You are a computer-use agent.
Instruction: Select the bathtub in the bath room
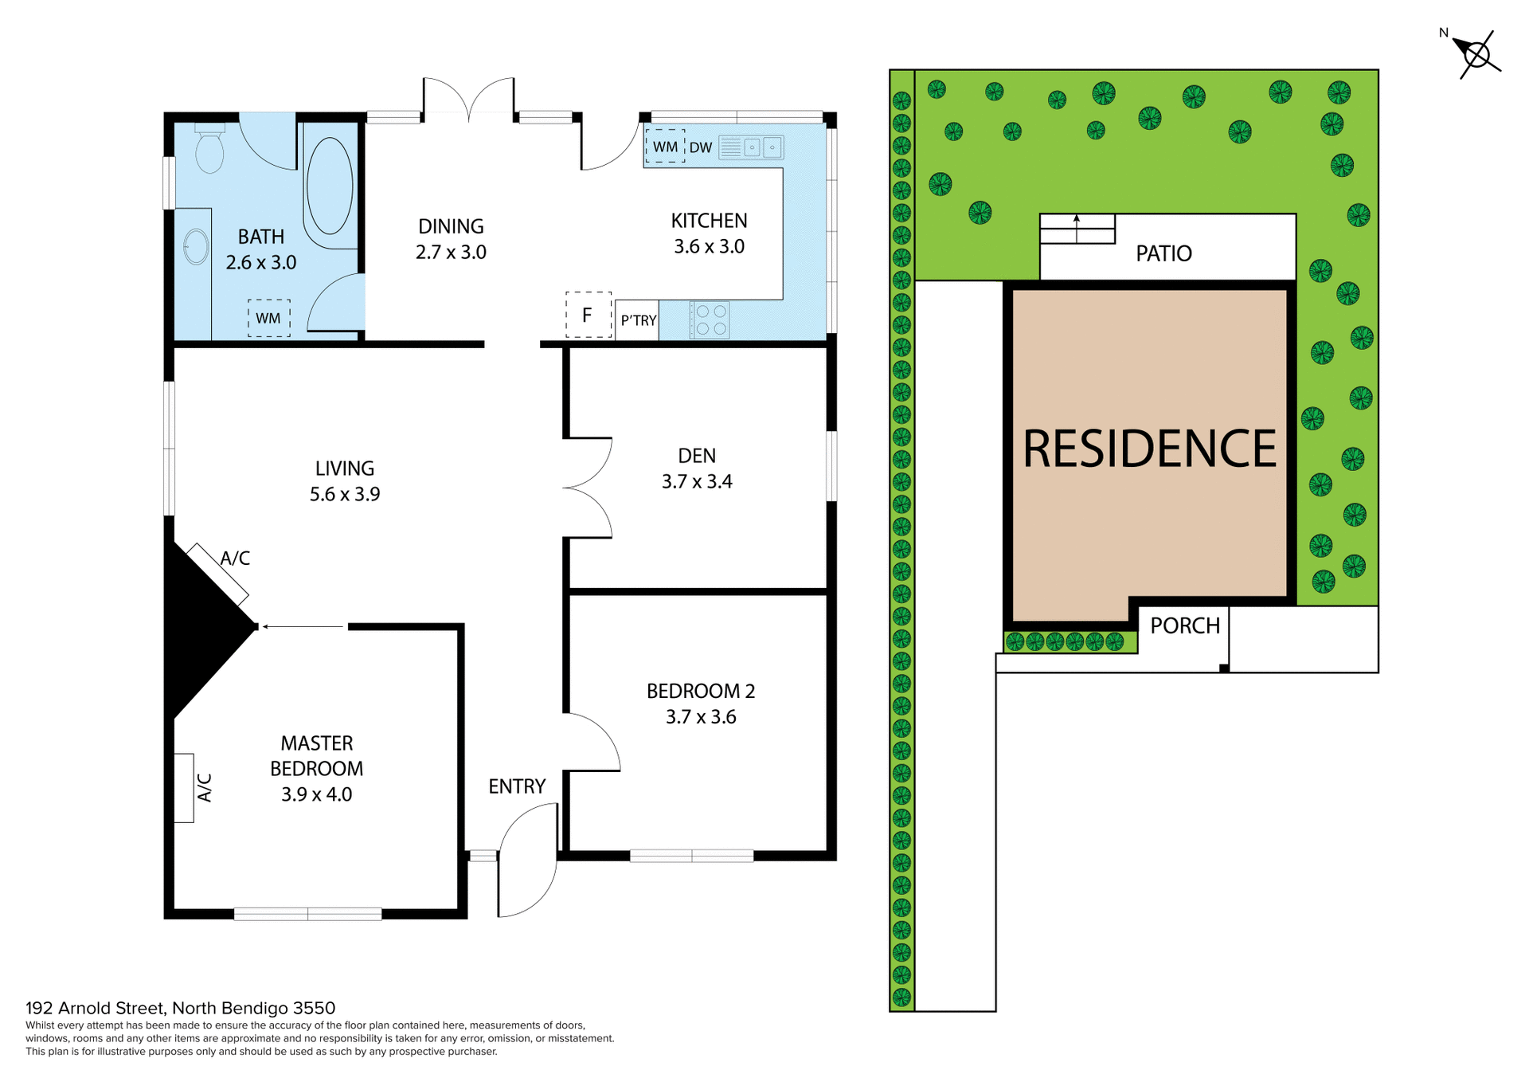[329, 186]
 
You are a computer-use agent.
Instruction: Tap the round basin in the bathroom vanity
[196, 246]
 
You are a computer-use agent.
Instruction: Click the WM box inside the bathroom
[268, 318]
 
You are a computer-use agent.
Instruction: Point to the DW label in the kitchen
[701, 147]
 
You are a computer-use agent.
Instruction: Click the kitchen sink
[752, 147]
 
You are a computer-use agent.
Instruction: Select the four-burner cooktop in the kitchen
[710, 320]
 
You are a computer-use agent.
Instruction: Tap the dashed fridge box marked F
[588, 315]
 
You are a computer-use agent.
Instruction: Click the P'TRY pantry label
[638, 320]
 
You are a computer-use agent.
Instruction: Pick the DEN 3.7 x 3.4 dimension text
[697, 481]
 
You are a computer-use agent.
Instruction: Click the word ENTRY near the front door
[517, 786]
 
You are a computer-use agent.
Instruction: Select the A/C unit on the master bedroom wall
[184, 787]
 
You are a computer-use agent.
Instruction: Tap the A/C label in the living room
[235, 559]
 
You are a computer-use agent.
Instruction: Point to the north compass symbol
[1476, 55]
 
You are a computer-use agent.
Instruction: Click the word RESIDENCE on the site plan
[1149, 449]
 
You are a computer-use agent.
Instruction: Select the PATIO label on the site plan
[1163, 253]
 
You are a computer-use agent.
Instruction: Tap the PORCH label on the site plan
[1185, 625]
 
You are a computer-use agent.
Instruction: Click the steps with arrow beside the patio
[1077, 229]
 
